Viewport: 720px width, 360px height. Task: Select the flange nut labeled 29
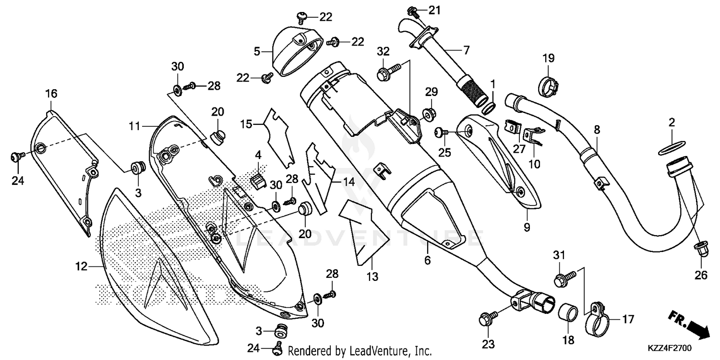427,115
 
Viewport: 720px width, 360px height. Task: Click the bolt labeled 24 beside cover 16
17,156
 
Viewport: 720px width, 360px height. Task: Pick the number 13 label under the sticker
373,276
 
